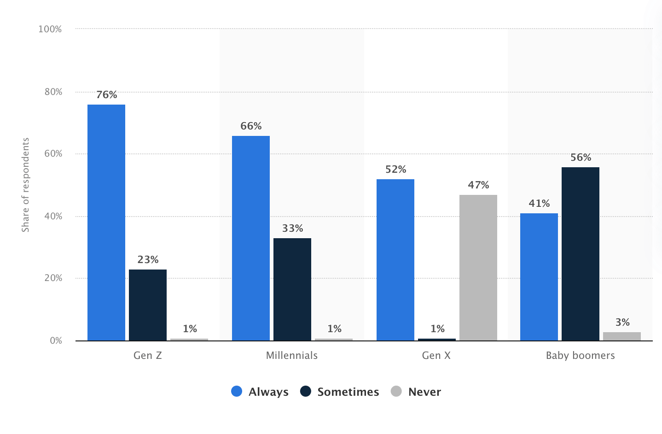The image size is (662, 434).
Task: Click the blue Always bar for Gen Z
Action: (x=106, y=223)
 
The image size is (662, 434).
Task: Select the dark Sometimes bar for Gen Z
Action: (x=148, y=305)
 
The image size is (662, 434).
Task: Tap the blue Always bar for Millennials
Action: (x=251, y=238)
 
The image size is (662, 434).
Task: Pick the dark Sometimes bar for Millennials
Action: (x=292, y=289)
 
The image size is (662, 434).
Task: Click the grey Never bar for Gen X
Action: (x=478, y=268)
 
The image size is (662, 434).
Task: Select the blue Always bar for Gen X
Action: (x=395, y=260)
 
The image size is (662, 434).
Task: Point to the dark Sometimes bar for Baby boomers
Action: (x=581, y=254)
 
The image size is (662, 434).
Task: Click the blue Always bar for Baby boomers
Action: (x=539, y=277)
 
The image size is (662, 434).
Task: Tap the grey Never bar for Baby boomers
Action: (x=622, y=336)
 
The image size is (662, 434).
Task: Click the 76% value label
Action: (x=107, y=95)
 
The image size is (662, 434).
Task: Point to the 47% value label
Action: (x=478, y=185)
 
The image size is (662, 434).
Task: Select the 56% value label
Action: (x=581, y=158)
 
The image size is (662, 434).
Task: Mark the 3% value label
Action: (x=622, y=323)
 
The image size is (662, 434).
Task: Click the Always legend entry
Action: (x=260, y=392)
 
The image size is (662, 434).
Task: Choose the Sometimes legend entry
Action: (x=340, y=392)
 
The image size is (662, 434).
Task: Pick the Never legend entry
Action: (x=416, y=392)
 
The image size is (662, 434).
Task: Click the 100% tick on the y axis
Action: (x=50, y=29)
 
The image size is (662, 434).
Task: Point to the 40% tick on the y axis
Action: (x=53, y=217)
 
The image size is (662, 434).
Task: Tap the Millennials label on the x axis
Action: (x=292, y=356)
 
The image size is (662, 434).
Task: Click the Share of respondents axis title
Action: (x=25, y=185)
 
